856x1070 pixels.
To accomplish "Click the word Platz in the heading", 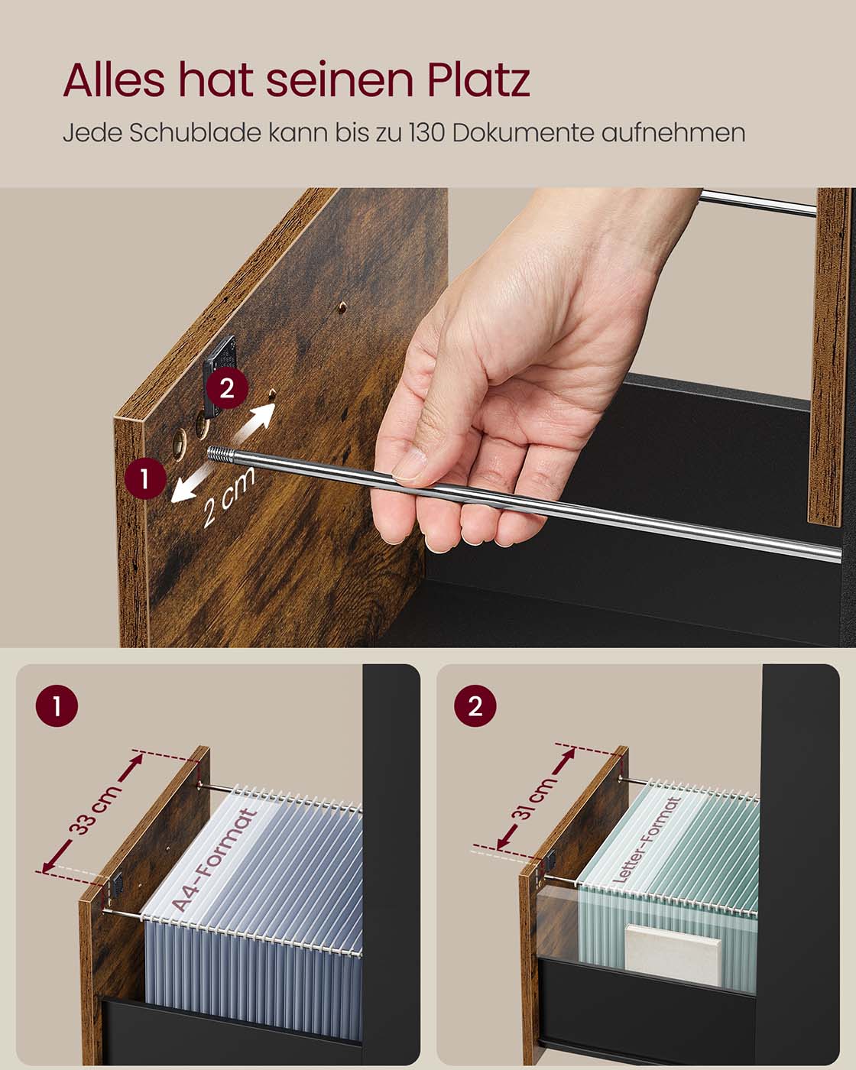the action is [x=478, y=79].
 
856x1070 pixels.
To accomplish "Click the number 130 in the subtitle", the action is [x=427, y=133].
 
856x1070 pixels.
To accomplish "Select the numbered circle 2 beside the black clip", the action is [x=227, y=387].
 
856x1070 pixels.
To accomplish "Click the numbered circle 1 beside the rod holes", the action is [x=145, y=478].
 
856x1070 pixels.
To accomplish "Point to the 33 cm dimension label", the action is [x=94, y=810].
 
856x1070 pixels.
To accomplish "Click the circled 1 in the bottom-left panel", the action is [x=57, y=705].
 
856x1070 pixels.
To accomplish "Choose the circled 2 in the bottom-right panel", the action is [x=475, y=705].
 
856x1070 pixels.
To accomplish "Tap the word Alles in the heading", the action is [x=114, y=79].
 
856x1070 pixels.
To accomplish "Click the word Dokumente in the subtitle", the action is [x=524, y=133].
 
